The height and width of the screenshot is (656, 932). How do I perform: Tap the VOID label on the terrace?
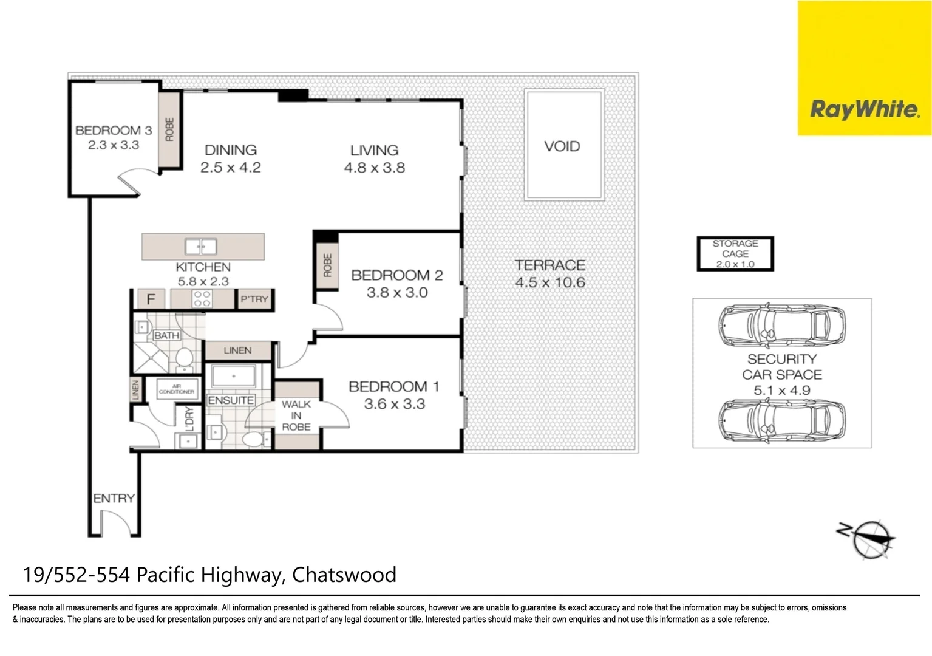562,146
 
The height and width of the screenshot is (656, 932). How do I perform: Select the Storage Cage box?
735,254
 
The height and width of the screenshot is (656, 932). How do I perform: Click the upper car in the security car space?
782,325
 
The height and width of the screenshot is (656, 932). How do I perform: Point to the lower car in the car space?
782,420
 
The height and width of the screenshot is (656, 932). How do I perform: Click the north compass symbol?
869,539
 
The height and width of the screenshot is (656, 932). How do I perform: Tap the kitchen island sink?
200,247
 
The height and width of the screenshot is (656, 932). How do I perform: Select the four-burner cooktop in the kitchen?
202,298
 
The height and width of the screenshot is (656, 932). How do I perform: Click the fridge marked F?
151,299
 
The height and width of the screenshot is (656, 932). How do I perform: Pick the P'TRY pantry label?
254,299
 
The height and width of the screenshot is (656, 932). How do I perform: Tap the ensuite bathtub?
233,376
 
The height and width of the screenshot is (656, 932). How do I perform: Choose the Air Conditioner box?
177,389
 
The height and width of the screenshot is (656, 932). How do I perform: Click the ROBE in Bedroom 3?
169,129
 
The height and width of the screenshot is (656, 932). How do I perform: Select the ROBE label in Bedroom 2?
327,265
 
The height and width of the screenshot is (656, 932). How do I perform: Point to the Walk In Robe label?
296,415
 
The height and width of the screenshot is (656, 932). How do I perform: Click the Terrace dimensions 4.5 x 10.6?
550,282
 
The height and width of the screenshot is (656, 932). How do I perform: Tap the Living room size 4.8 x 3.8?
375,168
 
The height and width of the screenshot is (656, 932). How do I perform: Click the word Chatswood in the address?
344,575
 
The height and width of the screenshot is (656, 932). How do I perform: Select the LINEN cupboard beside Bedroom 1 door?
237,350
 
